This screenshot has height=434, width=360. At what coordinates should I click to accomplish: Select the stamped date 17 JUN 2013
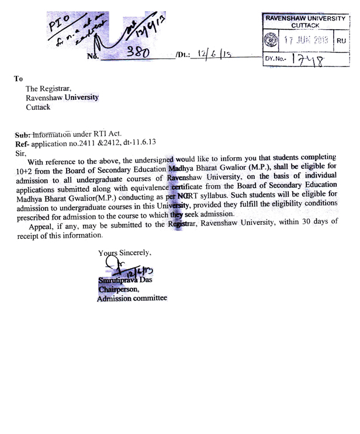(x=306, y=41)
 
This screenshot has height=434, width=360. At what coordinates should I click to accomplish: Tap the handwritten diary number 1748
(x=309, y=58)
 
